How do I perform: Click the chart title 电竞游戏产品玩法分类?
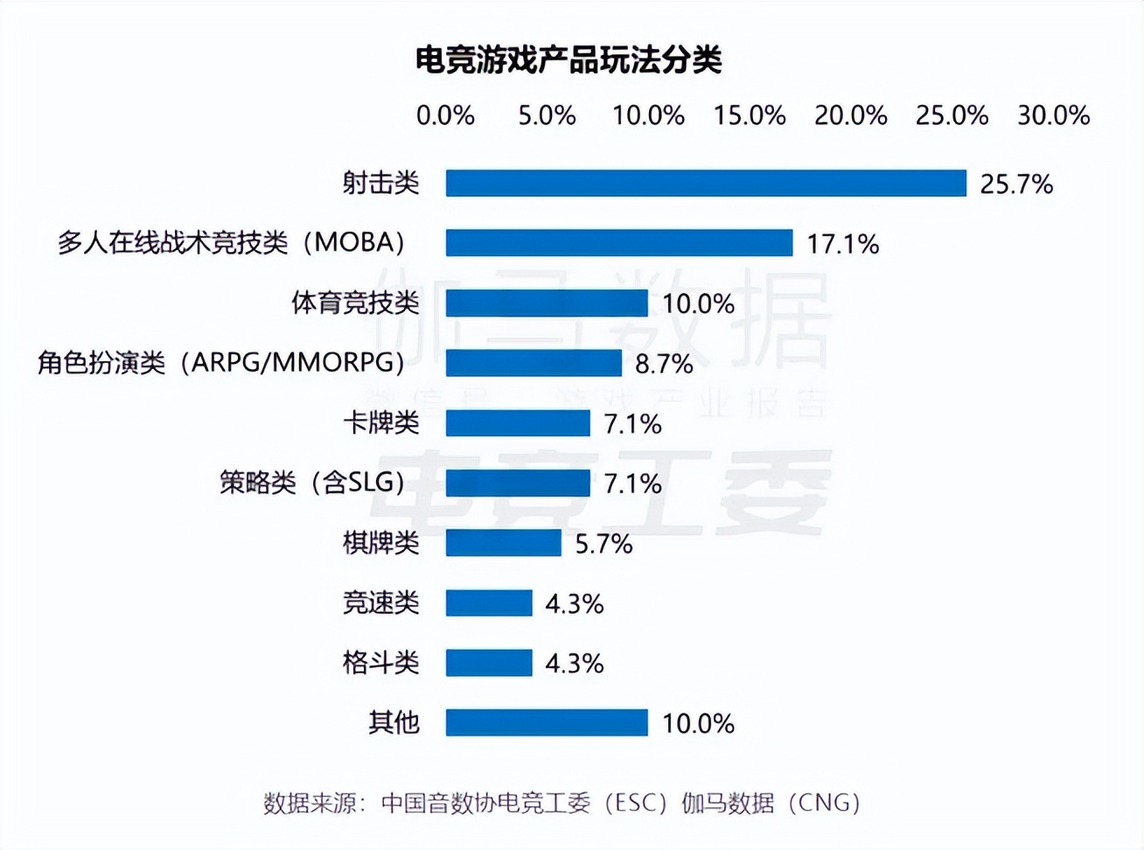[569, 59]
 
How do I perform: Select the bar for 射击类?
[706, 183]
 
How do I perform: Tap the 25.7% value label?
[1016, 184]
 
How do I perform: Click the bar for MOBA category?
[619, 242]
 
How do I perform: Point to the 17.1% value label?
[842, 244]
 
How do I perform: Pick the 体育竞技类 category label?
[355, 303]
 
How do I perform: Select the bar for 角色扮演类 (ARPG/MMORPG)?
[534, 362]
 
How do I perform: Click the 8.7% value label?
[664, 364]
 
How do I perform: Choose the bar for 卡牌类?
[518, 422]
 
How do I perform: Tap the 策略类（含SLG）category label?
[312, 482]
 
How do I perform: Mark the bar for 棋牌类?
[503, 542]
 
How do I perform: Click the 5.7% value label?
[603, 544]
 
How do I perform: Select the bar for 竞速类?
[489, 603]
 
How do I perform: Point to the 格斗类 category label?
[380, 662]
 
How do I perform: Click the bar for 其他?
[547, 722]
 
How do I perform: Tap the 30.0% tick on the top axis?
[1053, 115]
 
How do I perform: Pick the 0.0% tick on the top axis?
[445, 115]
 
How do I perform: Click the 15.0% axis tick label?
[750, 115]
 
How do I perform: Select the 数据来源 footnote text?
[562, 802]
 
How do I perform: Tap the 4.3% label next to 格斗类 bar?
[575, 664]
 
